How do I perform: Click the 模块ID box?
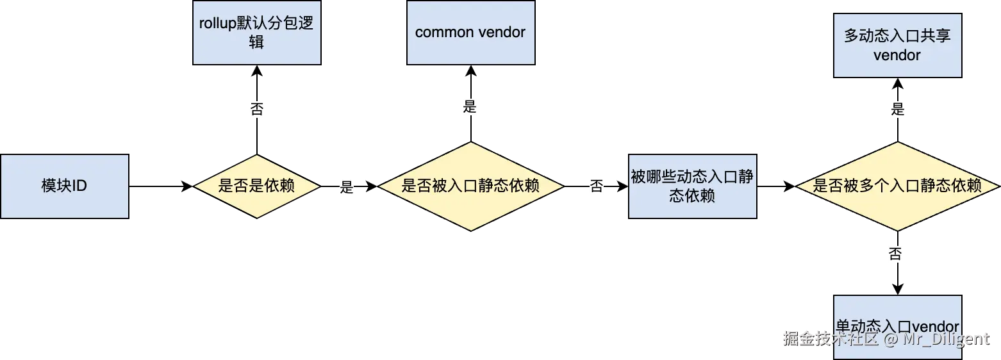click(x=64, y=186)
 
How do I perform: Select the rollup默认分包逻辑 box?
click(x=256, y=33)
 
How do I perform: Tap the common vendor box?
click(x=470, y=33)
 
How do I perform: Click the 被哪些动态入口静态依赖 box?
click(x=692, y=186)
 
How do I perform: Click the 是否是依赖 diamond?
click(x=256, y=186)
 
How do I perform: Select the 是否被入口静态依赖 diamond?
click(x=470, y=186)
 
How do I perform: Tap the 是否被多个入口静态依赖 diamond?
click(x=897, y=186)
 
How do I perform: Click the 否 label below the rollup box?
click(x=256, y=109)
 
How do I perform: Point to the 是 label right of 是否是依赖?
click(x=346, y=188)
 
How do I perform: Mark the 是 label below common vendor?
click(x=470, y=107)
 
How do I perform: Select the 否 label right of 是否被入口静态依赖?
click(x=597, y=186)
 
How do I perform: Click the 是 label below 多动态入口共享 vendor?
click(x=897, y=109)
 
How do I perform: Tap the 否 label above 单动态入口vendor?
click(x=895, y=255)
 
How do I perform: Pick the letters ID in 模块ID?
click(x=79, y=186)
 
